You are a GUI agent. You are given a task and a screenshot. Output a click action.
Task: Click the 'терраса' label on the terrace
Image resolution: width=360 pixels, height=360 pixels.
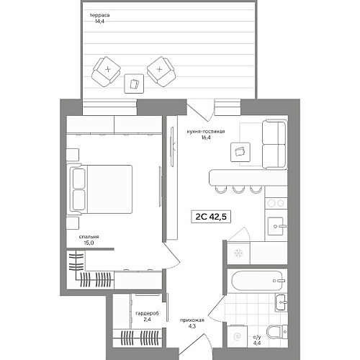pos(100,15)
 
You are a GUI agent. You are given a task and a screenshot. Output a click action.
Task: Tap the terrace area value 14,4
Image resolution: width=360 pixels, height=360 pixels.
pos(99,22)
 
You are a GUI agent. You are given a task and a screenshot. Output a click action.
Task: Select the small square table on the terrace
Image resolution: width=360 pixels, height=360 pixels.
pos(134,84)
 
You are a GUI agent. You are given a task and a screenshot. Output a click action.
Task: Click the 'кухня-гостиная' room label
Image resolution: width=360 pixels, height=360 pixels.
pos(206,132)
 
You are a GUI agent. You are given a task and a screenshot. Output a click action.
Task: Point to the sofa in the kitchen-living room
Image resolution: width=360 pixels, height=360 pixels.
pos(274,144)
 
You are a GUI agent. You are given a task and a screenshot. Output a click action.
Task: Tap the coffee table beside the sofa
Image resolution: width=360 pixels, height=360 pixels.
pos(240,152)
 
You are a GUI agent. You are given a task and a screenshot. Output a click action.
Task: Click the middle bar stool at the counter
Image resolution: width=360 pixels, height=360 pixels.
pos(238,189)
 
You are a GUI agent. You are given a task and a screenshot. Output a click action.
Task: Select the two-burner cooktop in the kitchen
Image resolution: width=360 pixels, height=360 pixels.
pos(276,203)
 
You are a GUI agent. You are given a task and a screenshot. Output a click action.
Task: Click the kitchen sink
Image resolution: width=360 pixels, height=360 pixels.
pos(277,226)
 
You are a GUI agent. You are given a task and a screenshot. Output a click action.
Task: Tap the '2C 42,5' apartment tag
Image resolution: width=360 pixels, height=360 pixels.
pos(211,217)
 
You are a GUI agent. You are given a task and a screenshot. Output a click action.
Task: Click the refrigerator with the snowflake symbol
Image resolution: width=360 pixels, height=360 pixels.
pos(239,253)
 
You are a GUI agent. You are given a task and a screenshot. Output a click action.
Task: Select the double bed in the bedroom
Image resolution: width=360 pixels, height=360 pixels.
pos(101,189)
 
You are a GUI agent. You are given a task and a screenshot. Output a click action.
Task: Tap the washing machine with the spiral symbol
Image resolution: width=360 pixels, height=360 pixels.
pos(237,336)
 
